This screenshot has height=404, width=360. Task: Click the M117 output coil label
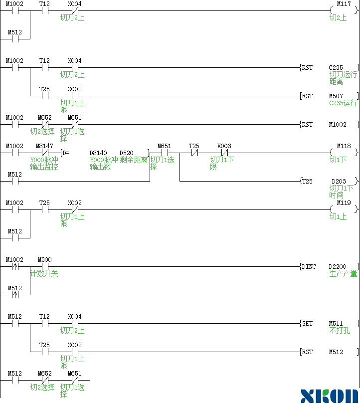(344, 4)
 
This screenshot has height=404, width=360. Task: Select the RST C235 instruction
(329, 68)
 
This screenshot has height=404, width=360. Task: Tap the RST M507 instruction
(329, 96)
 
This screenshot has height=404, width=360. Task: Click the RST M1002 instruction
(329, 125)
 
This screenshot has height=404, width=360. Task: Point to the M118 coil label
(344, 146)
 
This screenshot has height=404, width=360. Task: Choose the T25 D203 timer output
(329, 182)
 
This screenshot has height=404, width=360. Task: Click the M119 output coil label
(344, 203)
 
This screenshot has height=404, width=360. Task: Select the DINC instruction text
(309, 267)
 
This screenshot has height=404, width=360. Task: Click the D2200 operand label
(338, 267)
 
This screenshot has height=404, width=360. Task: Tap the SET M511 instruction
(329, 324)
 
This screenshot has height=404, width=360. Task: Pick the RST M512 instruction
(329, 352)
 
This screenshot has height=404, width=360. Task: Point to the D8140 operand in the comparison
(98, 153)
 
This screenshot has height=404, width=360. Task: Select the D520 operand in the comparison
(126, 153)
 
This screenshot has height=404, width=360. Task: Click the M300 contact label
(44, 260)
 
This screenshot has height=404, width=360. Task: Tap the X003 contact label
(224, 146)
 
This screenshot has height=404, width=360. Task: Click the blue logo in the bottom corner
(330, 396)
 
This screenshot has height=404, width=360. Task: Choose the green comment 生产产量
(344, 274)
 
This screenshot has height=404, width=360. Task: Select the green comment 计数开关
(44, 274)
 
